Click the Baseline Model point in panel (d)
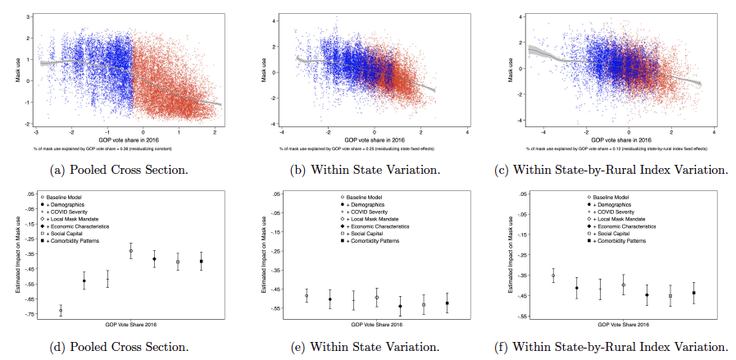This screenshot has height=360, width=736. [60, 310]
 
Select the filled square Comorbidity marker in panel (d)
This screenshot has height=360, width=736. [202, 261]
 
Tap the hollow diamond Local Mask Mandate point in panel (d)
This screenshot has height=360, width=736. [130, 251]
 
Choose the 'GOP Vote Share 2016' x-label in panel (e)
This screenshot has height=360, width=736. [372, 324]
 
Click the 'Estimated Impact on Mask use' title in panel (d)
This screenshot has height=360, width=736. [20, 256]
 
